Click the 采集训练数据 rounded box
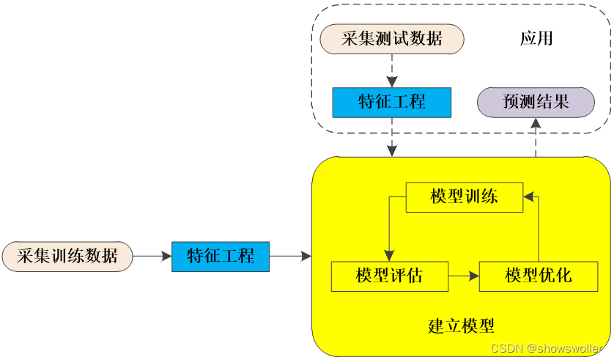pyautogui.click(x=67, y=256)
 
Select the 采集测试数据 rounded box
pyautogui.click(x=392, y=39)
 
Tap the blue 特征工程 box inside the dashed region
pyautogui.click(x=391, y=102)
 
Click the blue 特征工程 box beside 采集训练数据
pyautogui.click(x=221, y=257)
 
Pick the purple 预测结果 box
pyautogui.click(x=536, y=102)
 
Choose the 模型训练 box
pyautogui.click(x=465, y=197)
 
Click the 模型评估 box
pyautogui.click(x=390, y=276)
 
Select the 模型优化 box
pyautogui.click(x=539, y=276)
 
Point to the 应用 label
pyautogui.click(x=536, y=38)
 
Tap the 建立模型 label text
pyautogui.click(x=462, y=326)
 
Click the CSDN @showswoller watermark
pyautogui.click(x=547, y=348)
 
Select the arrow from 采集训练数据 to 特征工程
pyautogui.click(x=152, y=256)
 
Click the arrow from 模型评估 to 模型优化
pyautogui.click(x=464, y=276)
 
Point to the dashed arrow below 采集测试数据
pyautogui.click(x=392, y=70)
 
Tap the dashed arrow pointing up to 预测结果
pyautogui.click(x=536, y=137)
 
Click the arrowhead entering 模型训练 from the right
pyautogui.click(x=528, y=196)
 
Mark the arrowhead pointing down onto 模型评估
pyautogui.click(x=389, y=256)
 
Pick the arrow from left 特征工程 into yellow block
pyautogui.click(x=291, y=256)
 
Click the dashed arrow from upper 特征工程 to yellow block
pyautogui.click(x=392, y=137)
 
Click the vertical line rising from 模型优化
pyautogui.click(x=539, y=229)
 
